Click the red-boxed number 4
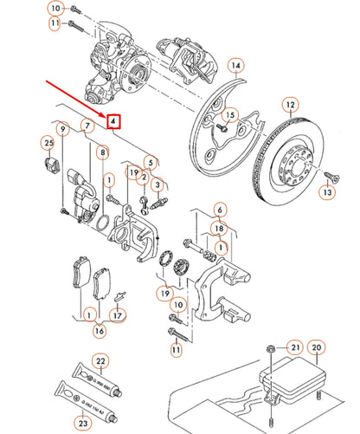coord(113,122)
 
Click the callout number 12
coord(290,105)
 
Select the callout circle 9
coord(62,129)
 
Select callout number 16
coord(100,330)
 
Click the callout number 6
coord(220,211)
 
